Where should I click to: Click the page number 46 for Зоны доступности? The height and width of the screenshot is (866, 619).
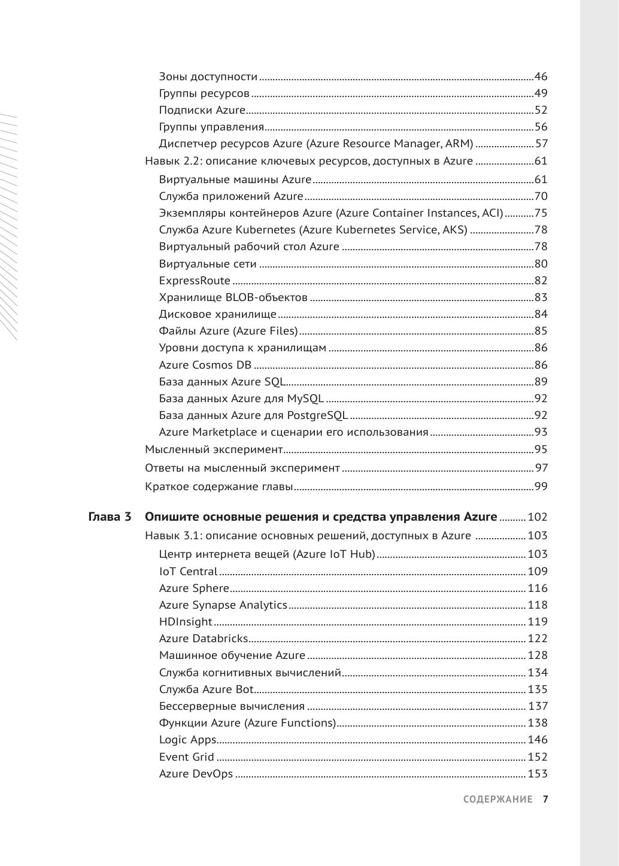click(x=541, y=77)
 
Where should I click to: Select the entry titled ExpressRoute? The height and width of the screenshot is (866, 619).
click(x=195, y=281)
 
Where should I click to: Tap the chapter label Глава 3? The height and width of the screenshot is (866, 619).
click(x=110, y=517)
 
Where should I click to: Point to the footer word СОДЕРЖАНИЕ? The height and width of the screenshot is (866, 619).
click(x=497, y=800)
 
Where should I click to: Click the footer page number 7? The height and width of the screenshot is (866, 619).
click(x=545, y=800)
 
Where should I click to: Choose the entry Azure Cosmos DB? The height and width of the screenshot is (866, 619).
click(x=205, y=365)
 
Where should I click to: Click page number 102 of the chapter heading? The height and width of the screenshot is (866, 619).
click(x=538, y=517)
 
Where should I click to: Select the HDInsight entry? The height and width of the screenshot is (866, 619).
click(x=186, y=622)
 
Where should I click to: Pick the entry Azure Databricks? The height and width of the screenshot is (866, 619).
click(x=203, y=639)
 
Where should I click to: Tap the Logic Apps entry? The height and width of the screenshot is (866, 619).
click(x=187, y=740)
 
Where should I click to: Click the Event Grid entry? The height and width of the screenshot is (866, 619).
click(x=187, y=757)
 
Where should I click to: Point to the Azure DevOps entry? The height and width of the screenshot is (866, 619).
click(x=196, y=774)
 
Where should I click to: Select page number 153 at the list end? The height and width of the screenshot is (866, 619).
click(x=538, y=774)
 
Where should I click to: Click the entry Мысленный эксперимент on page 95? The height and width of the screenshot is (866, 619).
click(x=214, y=449)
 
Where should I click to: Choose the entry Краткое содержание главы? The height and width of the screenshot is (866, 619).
click(x=219, y=487)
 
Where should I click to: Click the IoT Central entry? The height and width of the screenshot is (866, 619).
click(x=188, y=572)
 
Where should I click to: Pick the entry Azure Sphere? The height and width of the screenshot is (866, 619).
click(x=194, y=588)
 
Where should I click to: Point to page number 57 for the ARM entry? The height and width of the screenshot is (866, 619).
click(x=541, y=144)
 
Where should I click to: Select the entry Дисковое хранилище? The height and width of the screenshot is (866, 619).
click(x=218, y=314)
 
